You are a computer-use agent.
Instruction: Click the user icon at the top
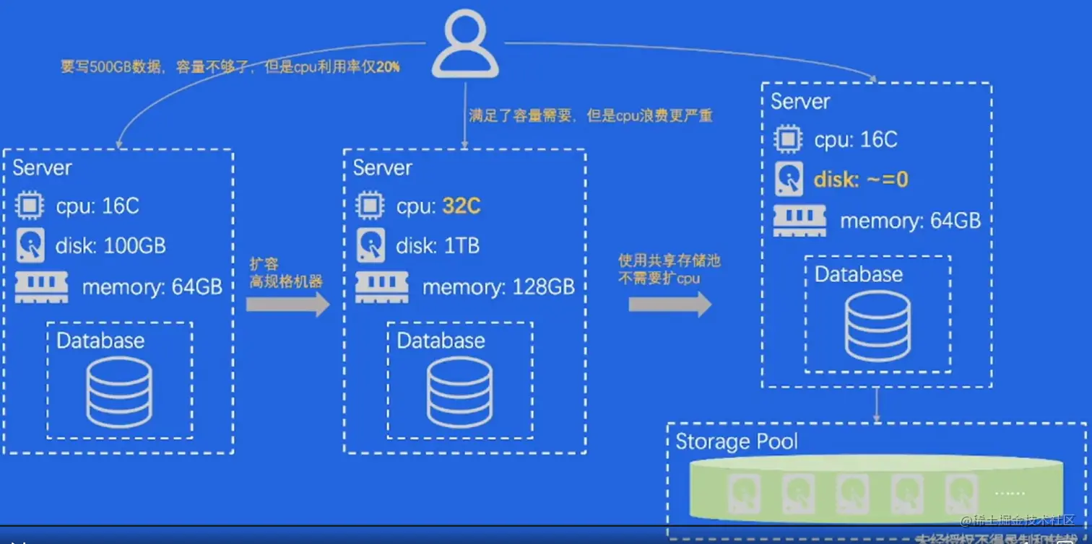(x=465, y=45)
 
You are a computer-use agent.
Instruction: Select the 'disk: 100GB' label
(x=110, y=246)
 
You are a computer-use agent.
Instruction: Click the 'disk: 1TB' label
(x=438, y=246)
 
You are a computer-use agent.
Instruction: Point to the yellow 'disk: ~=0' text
(x=860, y=179)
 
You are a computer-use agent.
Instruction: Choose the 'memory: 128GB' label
(x=498, y=287)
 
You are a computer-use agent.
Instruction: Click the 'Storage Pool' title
(x=736, y=441)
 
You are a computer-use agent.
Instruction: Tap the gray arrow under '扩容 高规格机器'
(x=287, y=304)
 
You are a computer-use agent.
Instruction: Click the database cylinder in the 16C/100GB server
(x=119, y=392)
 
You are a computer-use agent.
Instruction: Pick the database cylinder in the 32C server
(x=459, y=392)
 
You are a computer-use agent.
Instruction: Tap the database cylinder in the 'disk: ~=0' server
(x=877, y=325)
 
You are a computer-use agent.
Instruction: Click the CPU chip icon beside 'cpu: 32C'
(x=370, y=206)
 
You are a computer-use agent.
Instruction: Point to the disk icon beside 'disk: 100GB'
(x=30, y=246)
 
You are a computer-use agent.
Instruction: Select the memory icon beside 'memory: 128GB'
(x=382, y=287)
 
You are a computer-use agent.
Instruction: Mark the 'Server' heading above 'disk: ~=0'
(x=799, y=101)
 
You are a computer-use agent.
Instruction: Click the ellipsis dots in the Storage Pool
(x=1009, y=493)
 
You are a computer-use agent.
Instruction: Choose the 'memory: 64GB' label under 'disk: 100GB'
(x=152, y=287)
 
